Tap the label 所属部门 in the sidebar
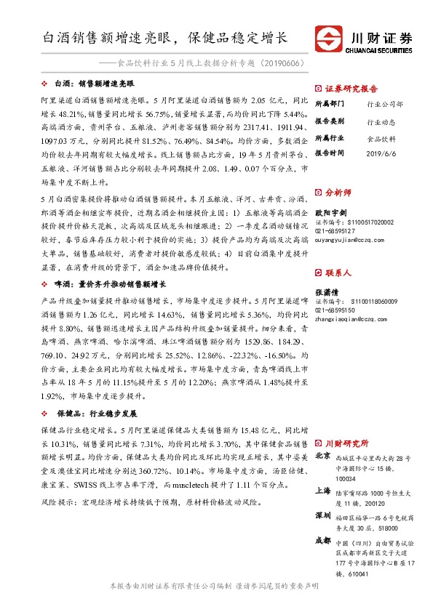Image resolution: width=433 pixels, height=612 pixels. [x=330, y=104]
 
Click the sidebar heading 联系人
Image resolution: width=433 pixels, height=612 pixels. [x=338, y=273]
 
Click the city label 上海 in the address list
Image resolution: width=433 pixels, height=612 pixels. [x=323, y=491]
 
